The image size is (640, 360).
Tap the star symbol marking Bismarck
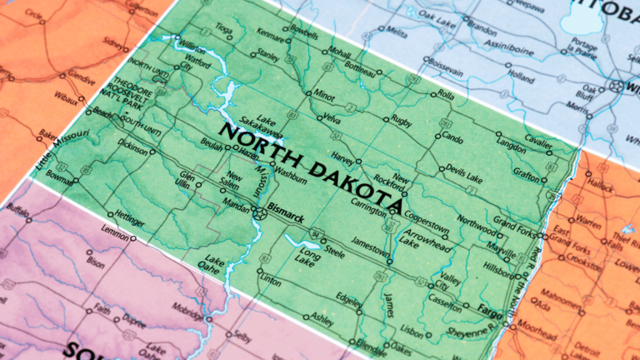(260, 212)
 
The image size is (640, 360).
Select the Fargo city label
(490, 309)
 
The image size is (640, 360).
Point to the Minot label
(323, 96)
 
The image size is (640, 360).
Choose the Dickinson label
(133, 151)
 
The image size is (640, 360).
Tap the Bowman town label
(60, 177)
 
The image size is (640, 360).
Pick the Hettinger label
(130, 223)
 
